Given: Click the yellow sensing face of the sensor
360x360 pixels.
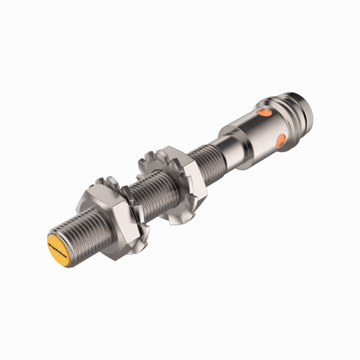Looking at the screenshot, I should (x=58, y=249).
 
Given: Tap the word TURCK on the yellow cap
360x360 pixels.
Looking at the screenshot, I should (x=58, y=249).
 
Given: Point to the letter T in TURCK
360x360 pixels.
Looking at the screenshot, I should (x=50, y=243).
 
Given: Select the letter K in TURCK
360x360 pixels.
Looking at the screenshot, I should (x=64, y=256).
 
